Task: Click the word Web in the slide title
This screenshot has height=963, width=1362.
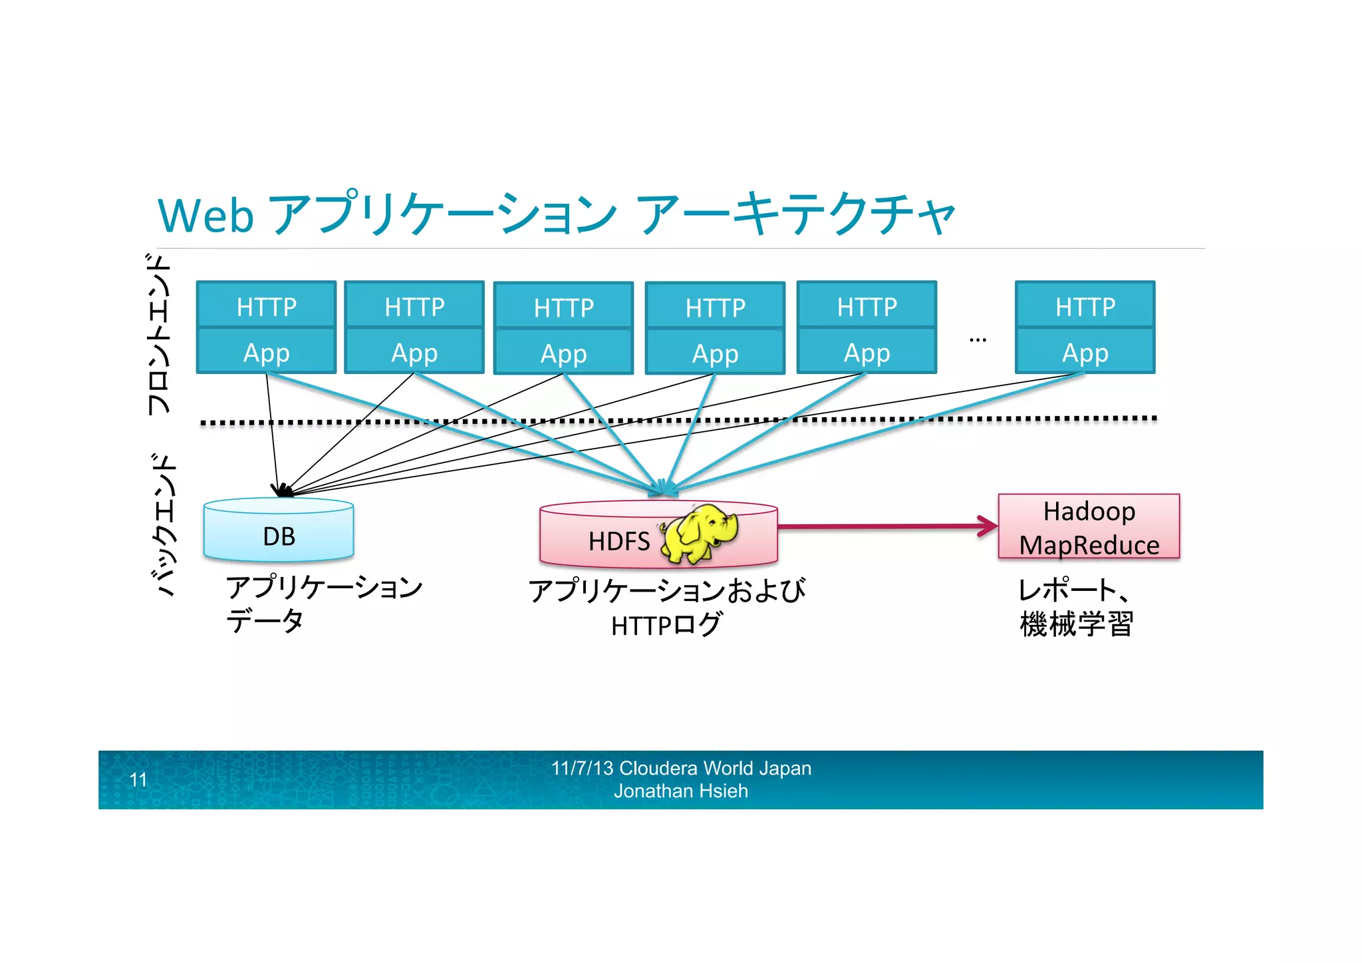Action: [x=205, y=216]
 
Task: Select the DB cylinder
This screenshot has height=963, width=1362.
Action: [x=279, y=531]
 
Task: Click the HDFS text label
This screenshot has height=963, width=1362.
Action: [x=618, y=542]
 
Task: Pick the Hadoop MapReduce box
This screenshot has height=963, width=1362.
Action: [x=1089, y=527]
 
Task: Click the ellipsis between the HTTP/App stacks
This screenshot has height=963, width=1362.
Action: [x=977, y=340]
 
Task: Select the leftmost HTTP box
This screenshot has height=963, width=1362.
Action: [x=266, y=306]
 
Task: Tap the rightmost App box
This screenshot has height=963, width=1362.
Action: [x=1085, y=352]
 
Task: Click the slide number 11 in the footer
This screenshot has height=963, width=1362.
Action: [x=138, y=780]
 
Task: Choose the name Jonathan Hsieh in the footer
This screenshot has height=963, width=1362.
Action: [x=680, y=791]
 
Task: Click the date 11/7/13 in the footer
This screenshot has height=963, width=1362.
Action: [x=582, y=769]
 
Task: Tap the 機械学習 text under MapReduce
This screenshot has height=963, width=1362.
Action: [x=1076, y=624]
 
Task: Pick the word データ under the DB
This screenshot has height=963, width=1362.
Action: [x=265, y=622]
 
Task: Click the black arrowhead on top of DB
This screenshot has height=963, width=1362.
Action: [x=282, y=490]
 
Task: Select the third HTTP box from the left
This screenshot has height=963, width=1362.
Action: [x=563, y=307]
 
